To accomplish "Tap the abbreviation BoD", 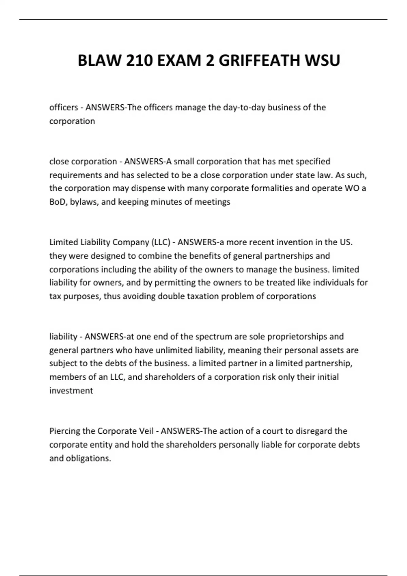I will coord(57,202).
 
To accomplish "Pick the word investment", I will coord(71,391).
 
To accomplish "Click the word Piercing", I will coord(64,431).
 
